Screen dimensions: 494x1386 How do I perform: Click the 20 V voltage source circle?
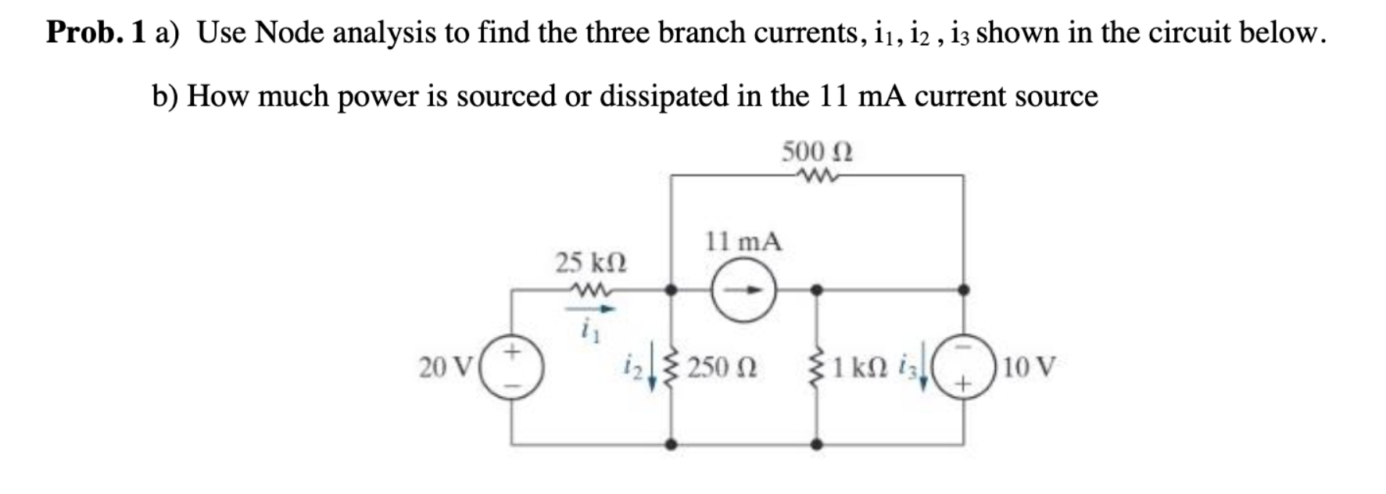point(512,366)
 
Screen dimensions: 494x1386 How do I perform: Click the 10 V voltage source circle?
point(963,366)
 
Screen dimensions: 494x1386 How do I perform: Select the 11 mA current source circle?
point(743,291)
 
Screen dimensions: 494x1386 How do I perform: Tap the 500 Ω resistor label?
point(817,150)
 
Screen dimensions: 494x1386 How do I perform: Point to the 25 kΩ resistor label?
point(591,263)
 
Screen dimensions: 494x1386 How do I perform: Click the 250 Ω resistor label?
point(722,367)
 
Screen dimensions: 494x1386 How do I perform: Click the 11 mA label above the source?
point(743,241)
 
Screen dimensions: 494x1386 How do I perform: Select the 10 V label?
point(1029,367)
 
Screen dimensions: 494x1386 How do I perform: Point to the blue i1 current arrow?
point(590,309)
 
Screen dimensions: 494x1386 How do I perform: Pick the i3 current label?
point(908,365)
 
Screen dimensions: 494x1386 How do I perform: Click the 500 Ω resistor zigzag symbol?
point(817,176)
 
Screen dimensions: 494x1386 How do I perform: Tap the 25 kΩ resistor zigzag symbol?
point(591,290)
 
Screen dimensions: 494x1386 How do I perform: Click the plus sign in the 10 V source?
point(963,384)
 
